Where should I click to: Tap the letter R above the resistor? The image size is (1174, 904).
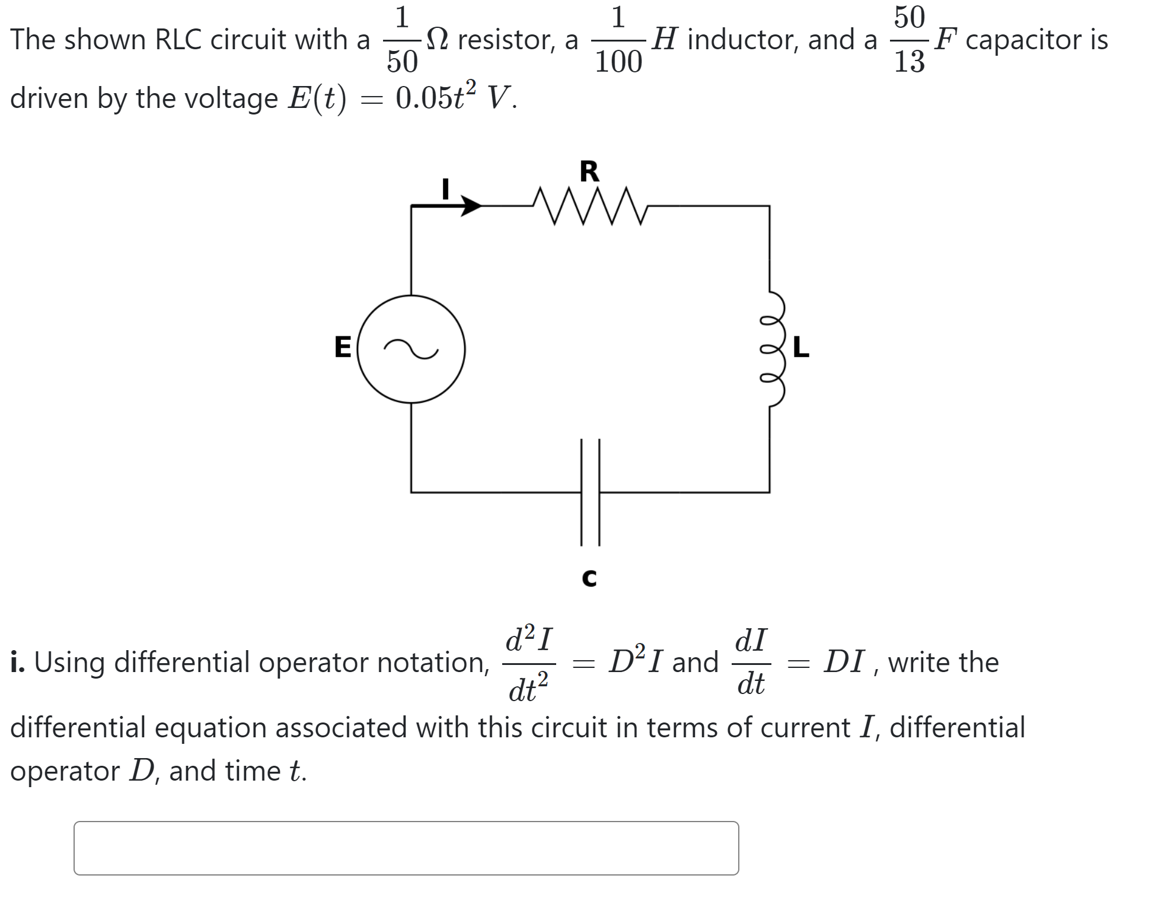point(589,171)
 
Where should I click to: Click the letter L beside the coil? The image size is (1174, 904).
point(800,348)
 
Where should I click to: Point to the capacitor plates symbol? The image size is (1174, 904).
point(591,492)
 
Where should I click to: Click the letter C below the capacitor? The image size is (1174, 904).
point(589,578)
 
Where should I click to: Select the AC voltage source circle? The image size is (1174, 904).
point(411,349)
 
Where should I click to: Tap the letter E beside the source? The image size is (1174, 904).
point(343,347)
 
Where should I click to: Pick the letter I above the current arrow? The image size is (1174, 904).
point(445,189)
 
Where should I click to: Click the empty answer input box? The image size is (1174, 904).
point(406,848)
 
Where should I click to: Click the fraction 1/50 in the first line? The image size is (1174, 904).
point(402,40)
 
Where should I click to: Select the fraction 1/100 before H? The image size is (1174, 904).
point(618,40)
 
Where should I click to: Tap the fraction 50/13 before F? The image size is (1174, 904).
point(909,40)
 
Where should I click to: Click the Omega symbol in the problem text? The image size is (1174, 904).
point(438,40)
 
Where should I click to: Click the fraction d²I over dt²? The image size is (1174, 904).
point(529,663)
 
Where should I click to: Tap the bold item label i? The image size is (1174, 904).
point(17,662)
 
